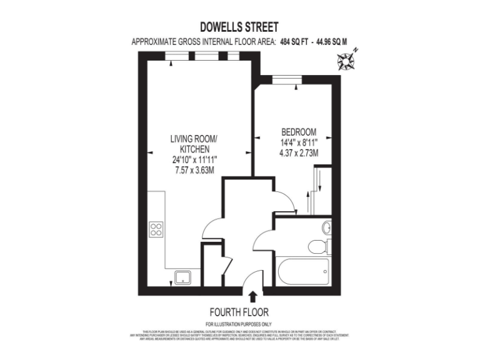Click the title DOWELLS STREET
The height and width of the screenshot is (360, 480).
click(239, 27)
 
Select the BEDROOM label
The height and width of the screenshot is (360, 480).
click(299, 132)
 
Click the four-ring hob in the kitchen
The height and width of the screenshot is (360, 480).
click(156, 229)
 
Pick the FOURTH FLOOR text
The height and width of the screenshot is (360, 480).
click(239, 312)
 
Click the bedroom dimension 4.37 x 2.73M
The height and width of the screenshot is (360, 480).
click(299, 152)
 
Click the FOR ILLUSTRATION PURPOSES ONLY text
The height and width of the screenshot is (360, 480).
click(239, 323)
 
